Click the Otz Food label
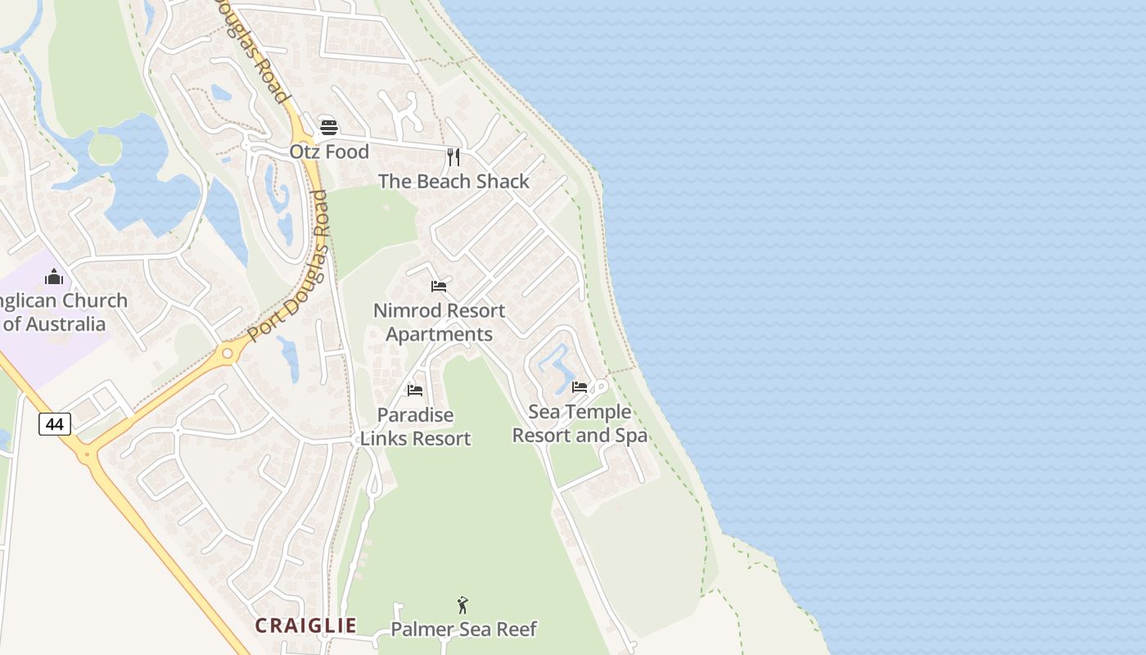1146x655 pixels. point(329,152)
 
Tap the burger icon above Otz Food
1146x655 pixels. point(329,127)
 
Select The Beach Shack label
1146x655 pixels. point(453,182)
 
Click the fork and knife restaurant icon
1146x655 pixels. point(453,156)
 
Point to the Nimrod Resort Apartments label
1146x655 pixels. point(439,323)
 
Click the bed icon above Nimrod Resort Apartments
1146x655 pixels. point(439,287)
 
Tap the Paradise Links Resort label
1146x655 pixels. point(416,427)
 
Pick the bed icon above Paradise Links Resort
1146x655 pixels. point(415,391)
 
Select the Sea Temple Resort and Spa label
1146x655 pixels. point(580,423)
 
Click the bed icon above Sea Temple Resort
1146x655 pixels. point(580,387)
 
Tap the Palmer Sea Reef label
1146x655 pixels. point(463,630)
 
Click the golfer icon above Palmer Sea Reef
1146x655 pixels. point(462,606)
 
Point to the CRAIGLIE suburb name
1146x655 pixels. point(305,626)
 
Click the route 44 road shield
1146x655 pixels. point(55,424)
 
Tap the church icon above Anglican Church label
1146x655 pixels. point(54,277)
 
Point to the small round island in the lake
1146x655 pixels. point(105,149)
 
